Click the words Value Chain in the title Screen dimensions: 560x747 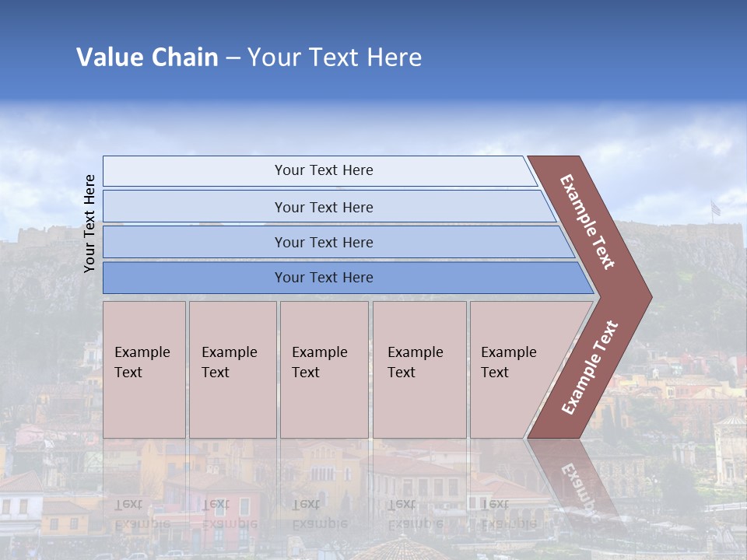[x=147, y=58]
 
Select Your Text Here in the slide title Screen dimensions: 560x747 [x=335, y=58]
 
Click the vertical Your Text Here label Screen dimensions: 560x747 [x=89, y=223]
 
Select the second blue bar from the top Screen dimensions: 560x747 [x=323, y=207]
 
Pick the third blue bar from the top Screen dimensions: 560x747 [x=323, y=242]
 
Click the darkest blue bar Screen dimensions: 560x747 [x=323, y=278]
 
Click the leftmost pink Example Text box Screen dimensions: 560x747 [x=144, y=369]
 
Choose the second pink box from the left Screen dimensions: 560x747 [x=232, y=369]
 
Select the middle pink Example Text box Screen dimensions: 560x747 [x=324, y=369]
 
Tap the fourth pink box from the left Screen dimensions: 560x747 [x=419, y=369]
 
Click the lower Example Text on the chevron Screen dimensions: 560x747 [x=589, y=368]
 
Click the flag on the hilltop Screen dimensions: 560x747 [x=715, y=208]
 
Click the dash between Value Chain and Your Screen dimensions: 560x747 [x=233, y=58]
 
